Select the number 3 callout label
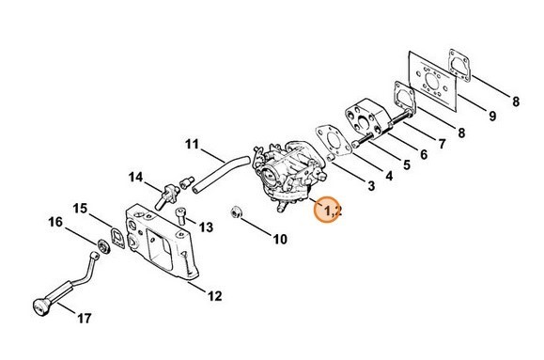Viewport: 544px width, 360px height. click(x=370, y=187)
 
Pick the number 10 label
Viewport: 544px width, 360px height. click(x=280, y=240)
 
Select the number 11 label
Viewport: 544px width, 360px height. click(x=192, y=144)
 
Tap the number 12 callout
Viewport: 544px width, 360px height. click(x=214, y=296)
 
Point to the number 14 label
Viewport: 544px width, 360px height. click(x=136, y=177)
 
